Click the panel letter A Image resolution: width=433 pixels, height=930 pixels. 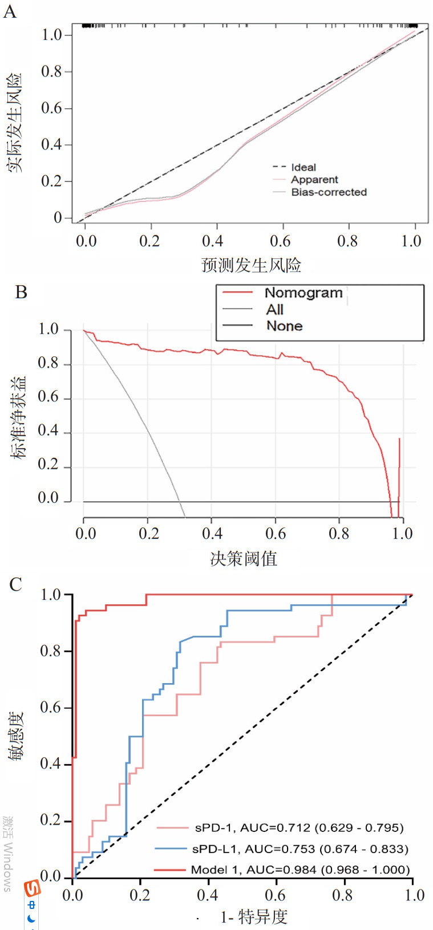(10, 11)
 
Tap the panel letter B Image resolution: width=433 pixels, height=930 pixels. (21, 292)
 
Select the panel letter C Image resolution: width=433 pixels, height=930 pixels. (15, 584)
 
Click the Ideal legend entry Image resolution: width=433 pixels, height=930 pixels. (303, 167)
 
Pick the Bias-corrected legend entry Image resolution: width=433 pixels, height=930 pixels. (329, 192)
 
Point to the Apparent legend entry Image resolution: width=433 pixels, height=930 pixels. (314, 180)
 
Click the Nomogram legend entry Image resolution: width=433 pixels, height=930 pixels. (303, 293)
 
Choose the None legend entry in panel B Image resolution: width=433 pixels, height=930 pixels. (284, 326)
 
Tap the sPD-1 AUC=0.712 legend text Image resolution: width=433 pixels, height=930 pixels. (299, 827)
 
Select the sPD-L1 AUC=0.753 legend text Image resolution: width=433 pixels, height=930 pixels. (300, 849)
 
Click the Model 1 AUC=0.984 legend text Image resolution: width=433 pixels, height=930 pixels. (300, 870)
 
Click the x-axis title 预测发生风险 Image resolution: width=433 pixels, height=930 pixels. (251, 265)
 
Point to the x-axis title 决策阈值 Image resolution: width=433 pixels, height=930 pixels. (244, 558)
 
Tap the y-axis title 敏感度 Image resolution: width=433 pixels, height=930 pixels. (16, 736)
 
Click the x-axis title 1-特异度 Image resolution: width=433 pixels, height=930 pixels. (254, 917)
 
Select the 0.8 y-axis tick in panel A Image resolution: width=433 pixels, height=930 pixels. (51, 72)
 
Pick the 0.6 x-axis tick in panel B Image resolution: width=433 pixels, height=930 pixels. (276, 534)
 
